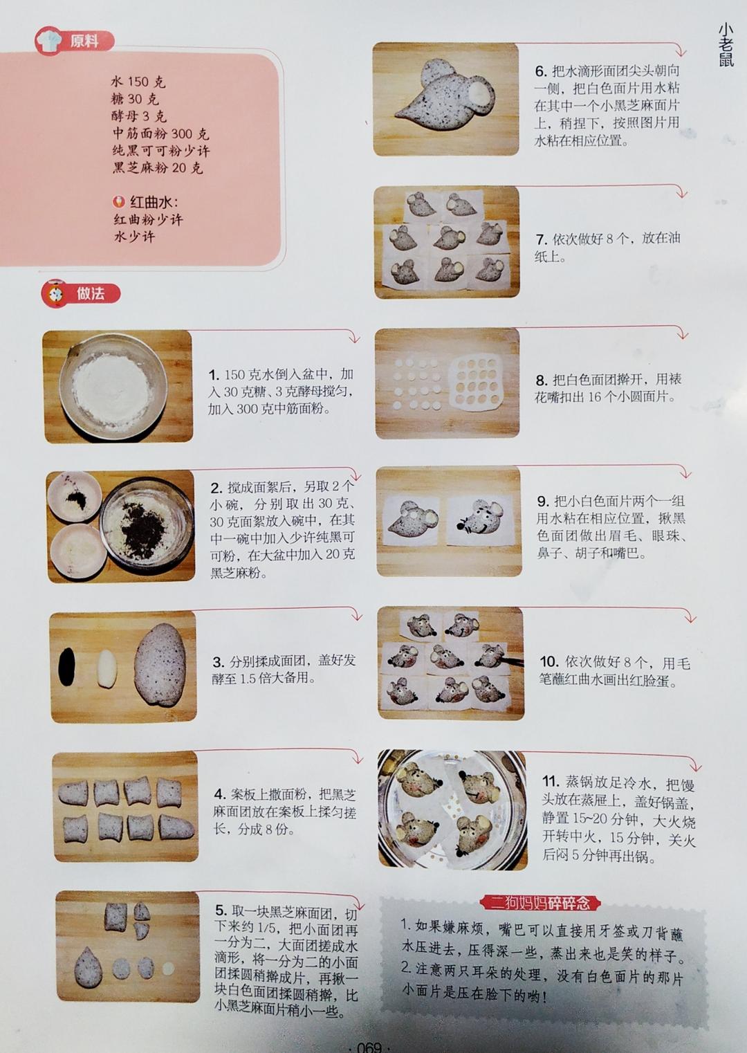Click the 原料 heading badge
(75, 41)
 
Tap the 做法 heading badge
(81, 294)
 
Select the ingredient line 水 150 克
(138, 82)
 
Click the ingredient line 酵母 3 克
(139, 116)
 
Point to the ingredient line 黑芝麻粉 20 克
(158, 168)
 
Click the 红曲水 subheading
(146, 202)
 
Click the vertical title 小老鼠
(726, 45)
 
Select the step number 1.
(214, 375)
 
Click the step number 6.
(541, 71)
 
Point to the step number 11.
(551, 781)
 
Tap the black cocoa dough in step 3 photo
(67, 666)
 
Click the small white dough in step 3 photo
(107, 668)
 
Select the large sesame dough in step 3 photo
(160, 664)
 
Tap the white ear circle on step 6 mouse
(479, 95)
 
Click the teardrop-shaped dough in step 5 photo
(88, 967)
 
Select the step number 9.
(543, 501)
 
